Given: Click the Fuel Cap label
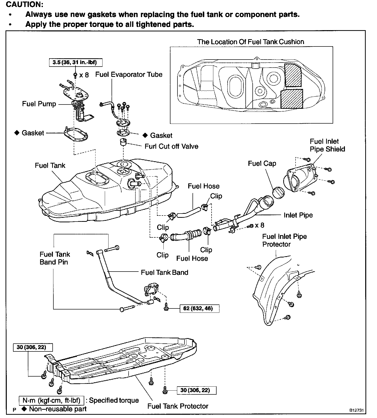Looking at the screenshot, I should [262, 164].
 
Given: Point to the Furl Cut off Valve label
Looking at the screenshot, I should [171, 146].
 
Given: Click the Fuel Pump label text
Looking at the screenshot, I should [39, 104].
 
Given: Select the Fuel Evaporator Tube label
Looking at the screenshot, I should [129, 75].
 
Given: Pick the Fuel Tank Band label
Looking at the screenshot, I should [164, 273].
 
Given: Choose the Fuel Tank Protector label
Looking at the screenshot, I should [178, 406].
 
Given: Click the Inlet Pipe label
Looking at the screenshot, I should [298, 215].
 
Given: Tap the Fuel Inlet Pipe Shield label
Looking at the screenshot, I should [327, 145].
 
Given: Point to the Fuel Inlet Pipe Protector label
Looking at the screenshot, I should [284, 240].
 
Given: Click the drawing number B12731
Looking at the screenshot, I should [356, 410].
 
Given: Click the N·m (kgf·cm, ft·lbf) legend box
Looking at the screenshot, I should [51, 400].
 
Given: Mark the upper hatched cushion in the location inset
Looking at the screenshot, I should [293, 75].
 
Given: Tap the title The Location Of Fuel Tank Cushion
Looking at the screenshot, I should [250, 42].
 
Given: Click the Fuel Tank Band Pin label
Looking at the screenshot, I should [55, 258].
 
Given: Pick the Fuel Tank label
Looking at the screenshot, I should [50, 166].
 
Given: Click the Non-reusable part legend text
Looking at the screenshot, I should [58, 409].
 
